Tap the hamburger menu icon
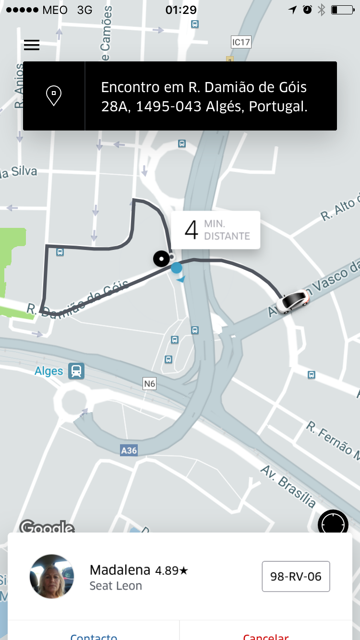[32, 45]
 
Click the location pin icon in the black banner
[54, 96]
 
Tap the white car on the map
[293, 302]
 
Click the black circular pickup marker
[162, 259]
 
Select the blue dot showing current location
[177, 268]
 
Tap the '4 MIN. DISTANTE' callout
[216, 230]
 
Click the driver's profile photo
[52, 577]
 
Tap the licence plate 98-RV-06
[296, 576]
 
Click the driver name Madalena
[120, 570]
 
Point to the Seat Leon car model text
[116, 586]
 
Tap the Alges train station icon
[76, 371]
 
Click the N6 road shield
[150, 383]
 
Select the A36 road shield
[129, 450]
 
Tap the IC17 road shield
[241, 42]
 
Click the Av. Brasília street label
[288, 486]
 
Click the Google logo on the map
[47, 527]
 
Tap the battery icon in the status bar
[342, 10]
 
